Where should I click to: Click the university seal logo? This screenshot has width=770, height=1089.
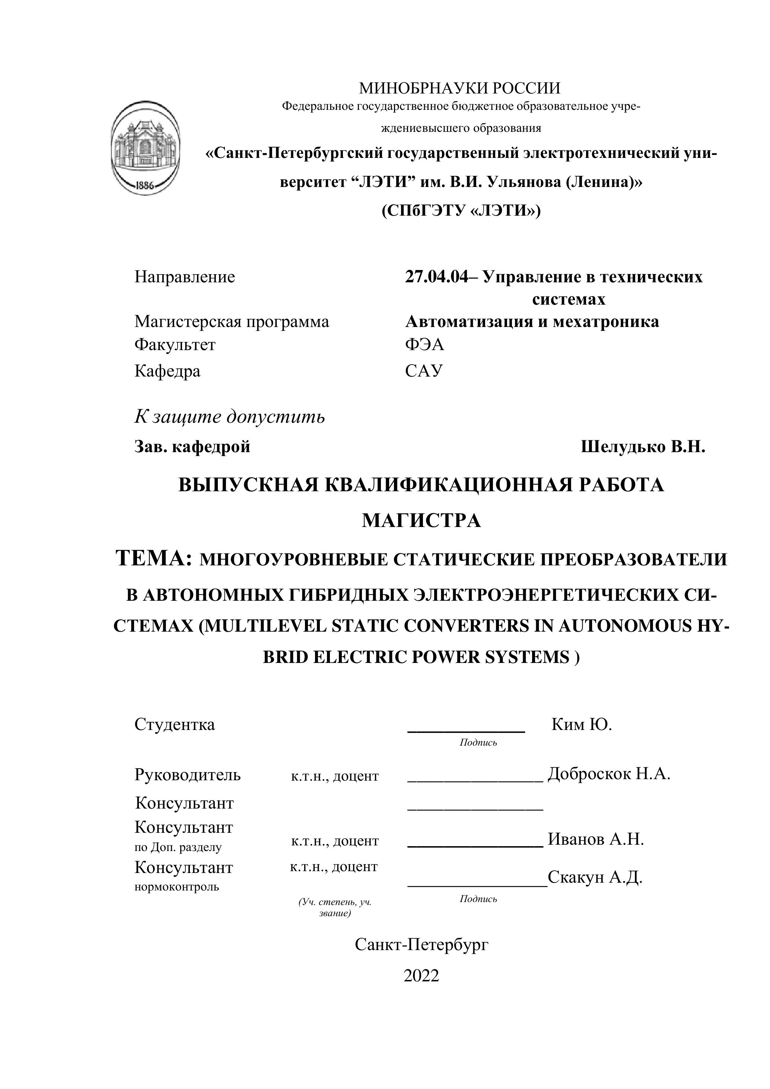click(145, 147)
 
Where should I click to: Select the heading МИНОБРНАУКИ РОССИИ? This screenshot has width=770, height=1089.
click(459, 88)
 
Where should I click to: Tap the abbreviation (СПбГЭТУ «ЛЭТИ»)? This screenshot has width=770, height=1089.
click(461, 210)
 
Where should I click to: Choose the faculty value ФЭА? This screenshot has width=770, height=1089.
click(424, 345)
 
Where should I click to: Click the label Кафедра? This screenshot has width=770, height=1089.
click(168, 371)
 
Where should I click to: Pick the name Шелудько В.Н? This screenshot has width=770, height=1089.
click(643, 446)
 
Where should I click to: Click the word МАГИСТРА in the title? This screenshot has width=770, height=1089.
click(421, 521)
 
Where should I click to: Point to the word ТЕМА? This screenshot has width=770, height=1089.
click(154, 558)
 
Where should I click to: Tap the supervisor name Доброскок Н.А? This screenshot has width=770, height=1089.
click(609, 774)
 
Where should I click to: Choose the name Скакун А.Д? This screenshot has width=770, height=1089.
click(595, 877)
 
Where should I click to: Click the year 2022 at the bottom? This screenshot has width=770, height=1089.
click(421, 976)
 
